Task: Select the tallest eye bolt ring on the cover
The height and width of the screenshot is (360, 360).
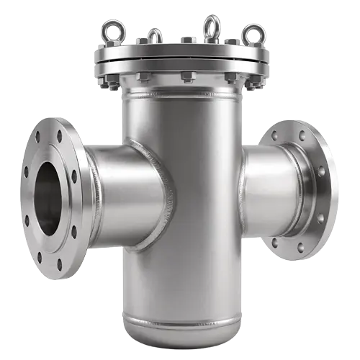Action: pos(212,27)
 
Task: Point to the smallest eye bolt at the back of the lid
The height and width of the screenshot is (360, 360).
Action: pos(154,35)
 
